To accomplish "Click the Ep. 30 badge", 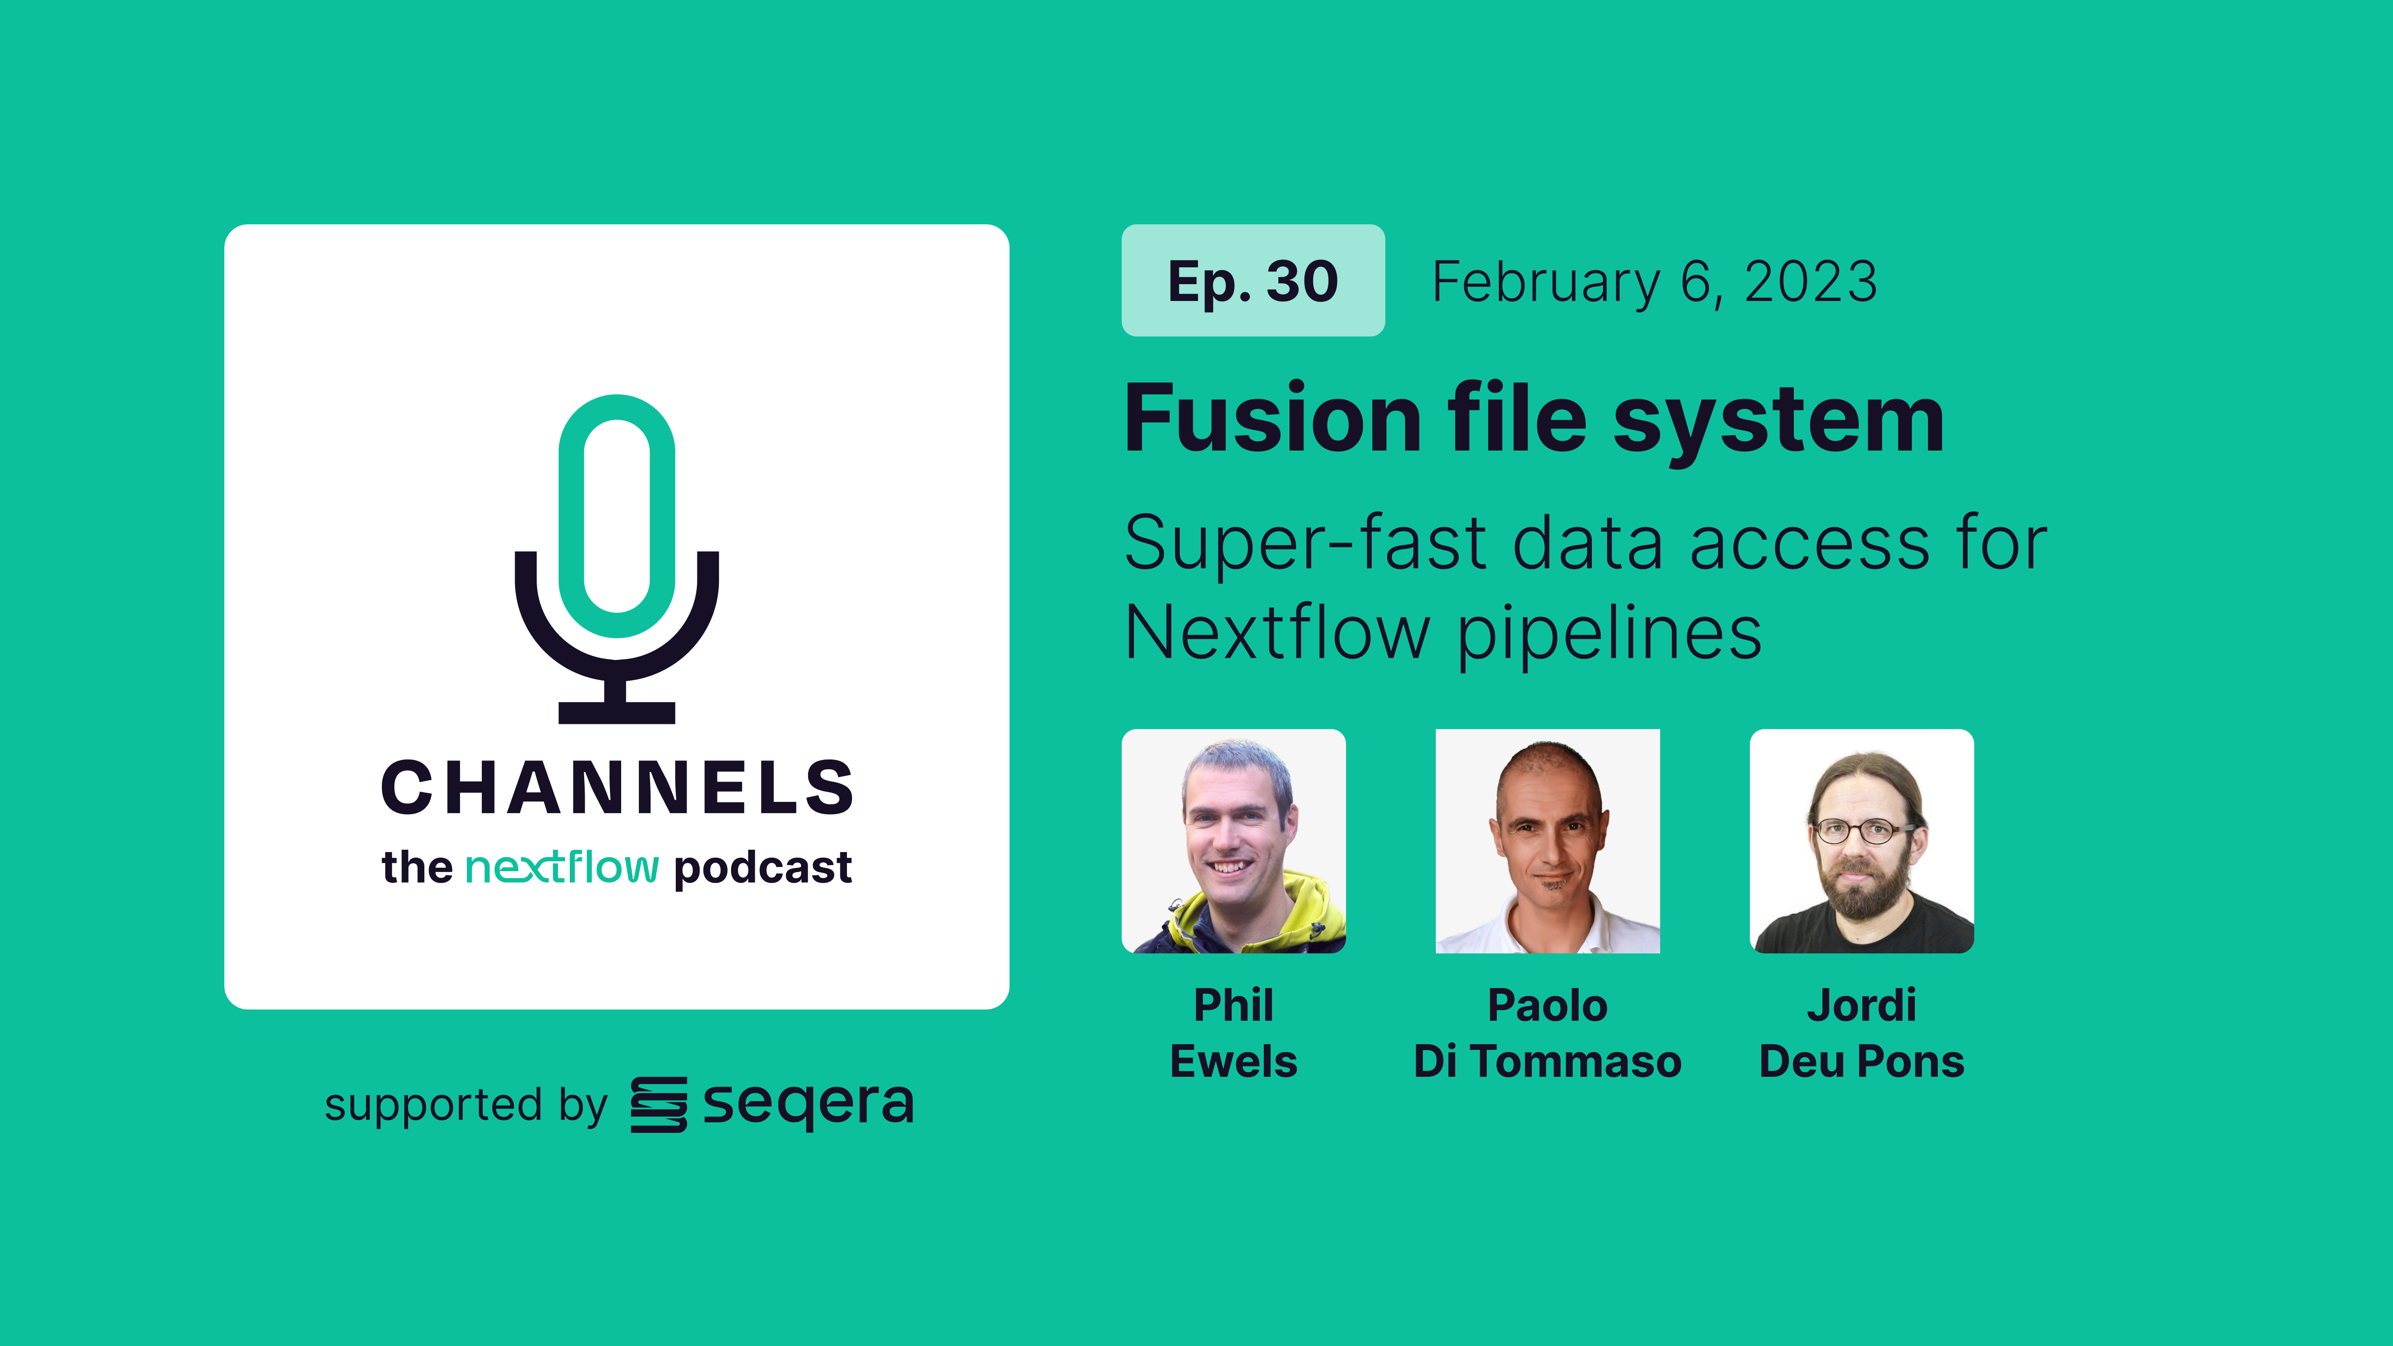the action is tap(1253, 280).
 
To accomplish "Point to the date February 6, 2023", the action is tap(1655, 282).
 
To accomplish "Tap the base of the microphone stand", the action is tap(617, 712).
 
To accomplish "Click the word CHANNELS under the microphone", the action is tap(617, 788).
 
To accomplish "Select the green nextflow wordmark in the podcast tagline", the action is tap(562, 867).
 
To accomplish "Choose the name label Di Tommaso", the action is tap(1548, 1062).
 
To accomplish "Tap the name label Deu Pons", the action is tap(1862, 1062).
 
